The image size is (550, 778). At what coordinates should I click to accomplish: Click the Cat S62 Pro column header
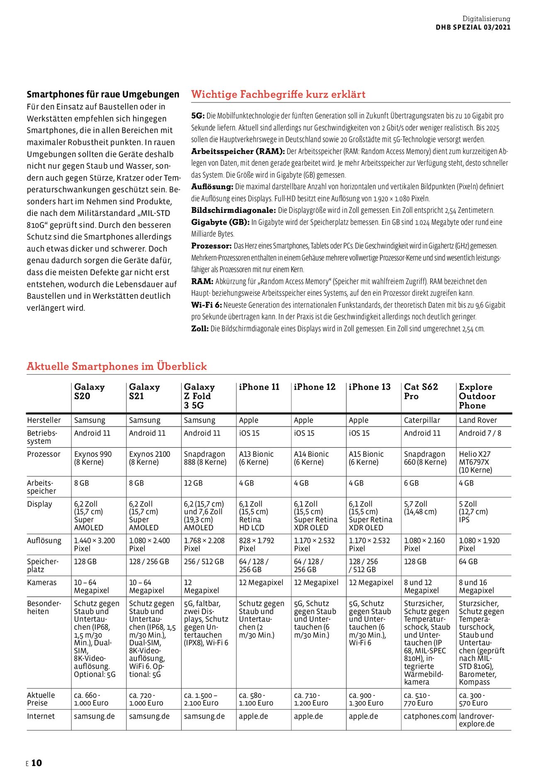pos(421,391)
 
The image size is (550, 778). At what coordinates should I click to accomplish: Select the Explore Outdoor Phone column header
pos(477,396)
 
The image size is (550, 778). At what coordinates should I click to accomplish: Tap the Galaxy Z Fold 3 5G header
pos(199,396)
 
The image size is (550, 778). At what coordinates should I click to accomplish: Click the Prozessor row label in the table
pos(44,454)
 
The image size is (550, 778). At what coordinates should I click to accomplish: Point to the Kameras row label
pos(41,583)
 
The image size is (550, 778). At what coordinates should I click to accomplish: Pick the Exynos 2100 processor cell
pos(149,458)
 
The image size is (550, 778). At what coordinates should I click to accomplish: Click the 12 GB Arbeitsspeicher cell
pos(193,483)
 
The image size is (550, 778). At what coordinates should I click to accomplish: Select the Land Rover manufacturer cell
pos(478,420)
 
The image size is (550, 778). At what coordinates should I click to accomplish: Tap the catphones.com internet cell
pos(429,716)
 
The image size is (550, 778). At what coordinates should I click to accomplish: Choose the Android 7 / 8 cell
pos(479,433)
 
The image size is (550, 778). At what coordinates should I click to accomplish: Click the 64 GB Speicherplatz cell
pos(468,561)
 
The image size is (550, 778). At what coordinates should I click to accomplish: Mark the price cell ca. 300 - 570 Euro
pos(473,699)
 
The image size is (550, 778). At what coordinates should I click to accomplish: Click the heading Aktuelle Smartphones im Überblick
pos(117,366)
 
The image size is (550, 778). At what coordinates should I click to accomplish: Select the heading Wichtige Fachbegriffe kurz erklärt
pos(278,94)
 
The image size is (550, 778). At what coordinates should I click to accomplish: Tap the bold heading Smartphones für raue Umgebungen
pos(103,94)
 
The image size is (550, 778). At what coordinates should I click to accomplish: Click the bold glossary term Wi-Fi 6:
pos(207,305)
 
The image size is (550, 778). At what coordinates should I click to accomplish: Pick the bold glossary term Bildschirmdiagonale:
pos(233,210)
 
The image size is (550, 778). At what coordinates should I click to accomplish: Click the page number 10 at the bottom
pos(37,763)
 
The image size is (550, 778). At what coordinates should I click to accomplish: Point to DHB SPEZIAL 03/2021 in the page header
pos(473,27)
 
